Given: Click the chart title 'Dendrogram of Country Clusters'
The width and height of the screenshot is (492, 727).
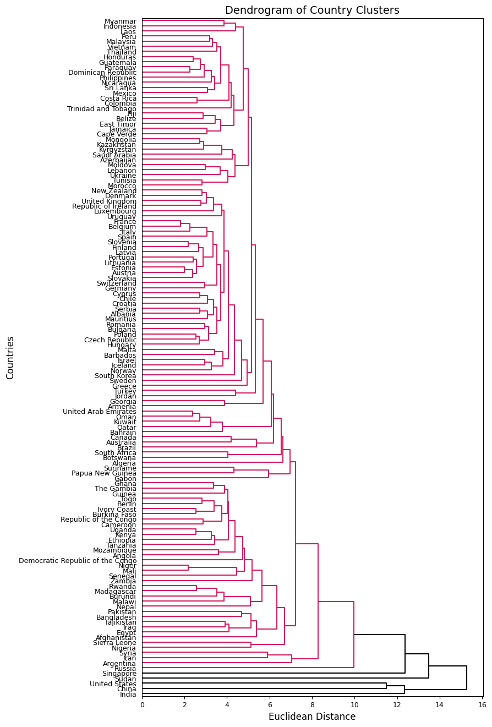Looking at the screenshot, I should (312, 10).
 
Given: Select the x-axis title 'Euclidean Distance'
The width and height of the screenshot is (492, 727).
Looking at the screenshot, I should (312, 717).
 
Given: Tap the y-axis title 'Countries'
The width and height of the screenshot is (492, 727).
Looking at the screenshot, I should (10, 357).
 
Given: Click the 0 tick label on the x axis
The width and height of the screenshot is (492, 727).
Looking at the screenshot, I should (142, 704).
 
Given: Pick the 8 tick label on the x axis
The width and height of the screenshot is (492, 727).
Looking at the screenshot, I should (312, 704).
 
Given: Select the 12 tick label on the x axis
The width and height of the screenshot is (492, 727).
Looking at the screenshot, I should (397, 704).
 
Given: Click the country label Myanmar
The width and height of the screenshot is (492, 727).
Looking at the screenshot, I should (121, 21).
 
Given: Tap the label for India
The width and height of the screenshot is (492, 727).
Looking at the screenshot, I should (128, 695).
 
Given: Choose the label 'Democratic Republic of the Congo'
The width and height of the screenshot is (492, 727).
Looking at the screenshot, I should (78, 561).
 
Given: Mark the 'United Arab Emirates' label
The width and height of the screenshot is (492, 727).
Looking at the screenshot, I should (100, 412).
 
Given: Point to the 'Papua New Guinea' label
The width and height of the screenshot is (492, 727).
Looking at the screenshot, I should (104, 473).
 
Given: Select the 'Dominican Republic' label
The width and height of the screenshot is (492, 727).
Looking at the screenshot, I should (102, 73).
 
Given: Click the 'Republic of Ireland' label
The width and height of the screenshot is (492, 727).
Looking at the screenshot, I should (105, 206).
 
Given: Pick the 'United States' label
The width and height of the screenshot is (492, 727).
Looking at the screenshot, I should (113, 684).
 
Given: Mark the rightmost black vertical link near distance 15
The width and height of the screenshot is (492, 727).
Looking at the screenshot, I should (467, 678).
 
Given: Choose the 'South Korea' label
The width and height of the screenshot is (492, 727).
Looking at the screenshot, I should (116, 376).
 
